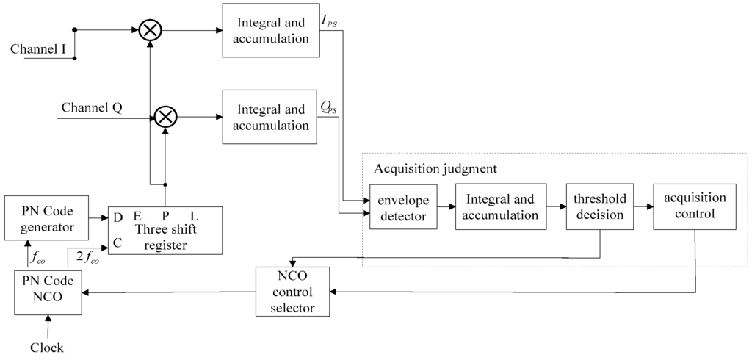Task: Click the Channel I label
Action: [x=41, y=49]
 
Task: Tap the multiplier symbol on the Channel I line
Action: [x=151, y=30]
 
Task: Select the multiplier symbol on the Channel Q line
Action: [x=167, y=116]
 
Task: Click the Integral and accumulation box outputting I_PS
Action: [x=271, y=31]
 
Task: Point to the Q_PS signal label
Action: [x=330, y=107]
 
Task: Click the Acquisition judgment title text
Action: [x=435, y=169]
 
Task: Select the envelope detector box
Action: [x=402, y=207]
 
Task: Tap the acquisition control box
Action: [x=694, y=207]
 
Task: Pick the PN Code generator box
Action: [x=46, y=217]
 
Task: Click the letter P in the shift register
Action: [x=166, y=216]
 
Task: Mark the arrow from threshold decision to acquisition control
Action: [x=644, y=207]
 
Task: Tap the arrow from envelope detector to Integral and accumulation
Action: [x=446, y=207]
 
